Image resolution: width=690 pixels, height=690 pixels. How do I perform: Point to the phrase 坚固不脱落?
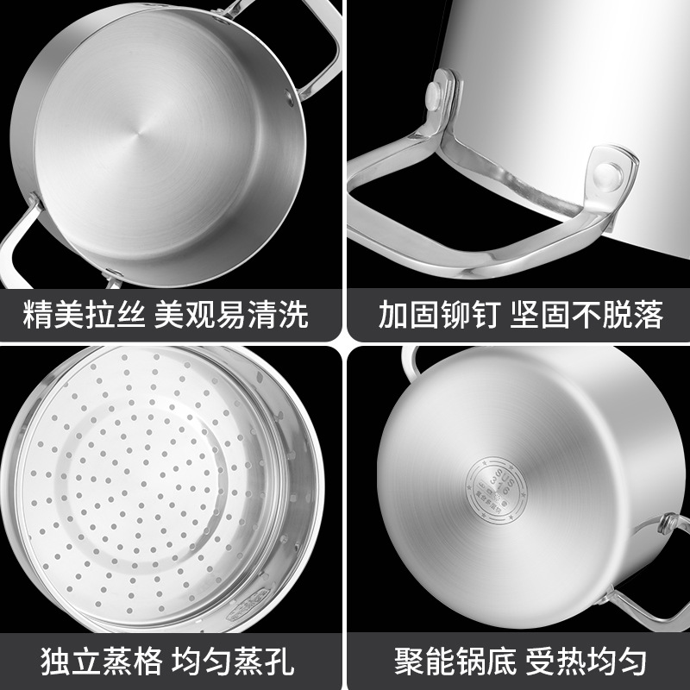[588, 314]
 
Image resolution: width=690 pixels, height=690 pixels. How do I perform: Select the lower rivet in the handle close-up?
[609, 172]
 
